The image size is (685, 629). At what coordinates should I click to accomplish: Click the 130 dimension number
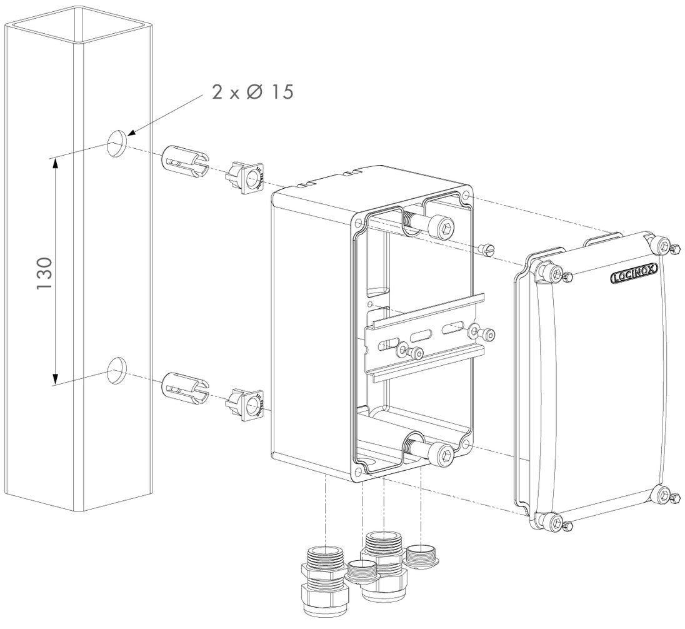pyautogui.click(x=44, y=271)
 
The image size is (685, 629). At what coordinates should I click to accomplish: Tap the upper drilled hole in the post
pyautogui.click(x=116, y=143)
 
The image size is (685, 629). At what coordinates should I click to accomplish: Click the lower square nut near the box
pyautogui.click(x=246, y=403)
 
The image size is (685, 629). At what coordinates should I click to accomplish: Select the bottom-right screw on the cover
pyautogui.click(x=664, y=496)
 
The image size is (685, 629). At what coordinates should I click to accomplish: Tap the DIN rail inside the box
pyautogui.click(x=425, y=338)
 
